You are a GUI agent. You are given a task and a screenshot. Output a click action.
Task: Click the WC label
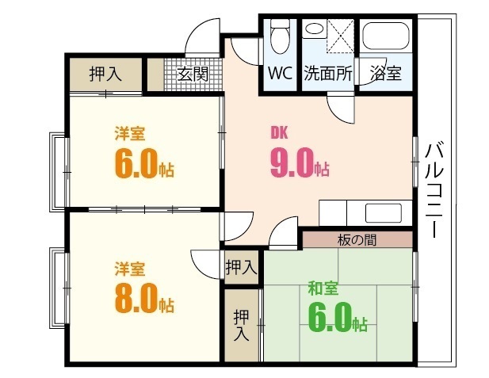pos(280,74)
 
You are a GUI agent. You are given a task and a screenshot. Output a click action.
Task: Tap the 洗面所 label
pos(327,74)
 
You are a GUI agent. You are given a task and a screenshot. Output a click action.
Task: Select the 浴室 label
pos(386,74)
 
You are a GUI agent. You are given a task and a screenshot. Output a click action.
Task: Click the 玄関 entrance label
pos(192,75)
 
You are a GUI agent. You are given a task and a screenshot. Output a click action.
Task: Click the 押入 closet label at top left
pos(105,74)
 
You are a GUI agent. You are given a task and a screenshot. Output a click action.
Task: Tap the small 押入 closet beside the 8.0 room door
pos(241,267)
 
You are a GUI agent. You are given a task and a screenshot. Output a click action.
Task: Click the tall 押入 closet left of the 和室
pos(241,325)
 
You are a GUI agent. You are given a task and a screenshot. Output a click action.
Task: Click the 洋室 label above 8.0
pos(129,268)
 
